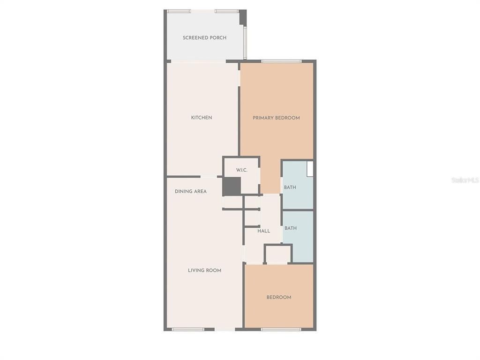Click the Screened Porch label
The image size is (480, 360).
click(204, 37)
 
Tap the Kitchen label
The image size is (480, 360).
click(202, 118)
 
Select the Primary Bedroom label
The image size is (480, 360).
click(276, 118)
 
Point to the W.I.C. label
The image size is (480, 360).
click(241, 170)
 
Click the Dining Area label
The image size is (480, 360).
click(190, 191)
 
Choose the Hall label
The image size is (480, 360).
click(263, 231)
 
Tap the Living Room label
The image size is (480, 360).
click(204, 270)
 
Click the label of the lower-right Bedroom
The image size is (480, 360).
click(279, 297)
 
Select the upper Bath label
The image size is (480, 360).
click(290, 187)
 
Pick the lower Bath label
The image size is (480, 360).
click(291, 228)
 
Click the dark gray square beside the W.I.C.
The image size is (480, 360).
click(231, 187)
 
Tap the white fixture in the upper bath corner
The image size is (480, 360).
click(310, 169)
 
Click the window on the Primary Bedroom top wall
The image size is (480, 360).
click(281, 61)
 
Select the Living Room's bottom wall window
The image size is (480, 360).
click(187, 330)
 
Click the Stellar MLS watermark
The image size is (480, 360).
click(465, 180)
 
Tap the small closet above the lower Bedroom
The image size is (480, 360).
click(278, 254)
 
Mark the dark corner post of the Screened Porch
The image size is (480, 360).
click(243, 17)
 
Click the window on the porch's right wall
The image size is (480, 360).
click(245, 42)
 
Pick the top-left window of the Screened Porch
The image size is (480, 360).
click(179, 11)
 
